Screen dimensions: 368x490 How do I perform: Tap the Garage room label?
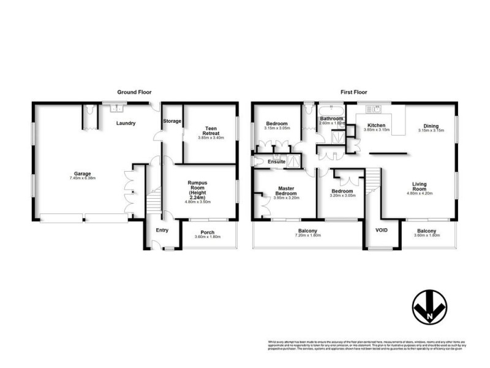[x=83, y=174]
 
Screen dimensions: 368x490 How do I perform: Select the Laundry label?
[x=126, y=123]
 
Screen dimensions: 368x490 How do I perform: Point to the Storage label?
[x=172, y=121]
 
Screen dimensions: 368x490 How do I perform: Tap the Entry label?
[x=162, y=230]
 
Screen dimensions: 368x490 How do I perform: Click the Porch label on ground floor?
[x=205, y=232]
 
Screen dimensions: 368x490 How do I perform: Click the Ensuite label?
[x=277, y=161]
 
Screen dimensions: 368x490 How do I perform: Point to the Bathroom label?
[x=331, y=118]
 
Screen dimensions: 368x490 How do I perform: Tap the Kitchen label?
[x=375, y=125]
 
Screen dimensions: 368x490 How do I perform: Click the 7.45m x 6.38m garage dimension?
[x=83, y=178]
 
